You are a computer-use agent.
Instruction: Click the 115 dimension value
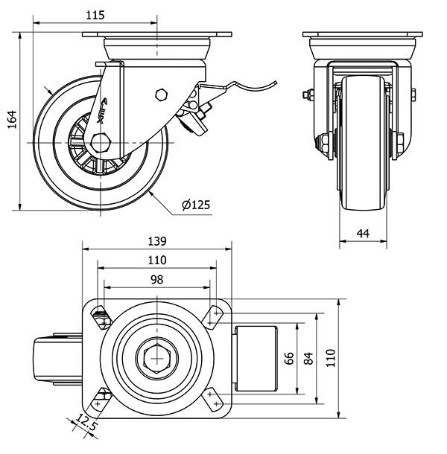tap(95, 15)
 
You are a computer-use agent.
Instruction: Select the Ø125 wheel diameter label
tap(195, 205)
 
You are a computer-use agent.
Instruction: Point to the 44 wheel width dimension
tap(363, 233)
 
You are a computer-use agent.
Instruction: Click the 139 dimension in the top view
tap(156, 241)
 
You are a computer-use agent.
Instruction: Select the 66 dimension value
tap(289, 359)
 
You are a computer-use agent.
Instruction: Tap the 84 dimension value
tap(308, 359)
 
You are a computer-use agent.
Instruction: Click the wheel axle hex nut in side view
tap(101, 141)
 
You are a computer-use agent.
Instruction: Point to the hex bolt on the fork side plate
tap(159, 95)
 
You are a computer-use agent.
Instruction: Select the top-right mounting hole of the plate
tap(216, 315)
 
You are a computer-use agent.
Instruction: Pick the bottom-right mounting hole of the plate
tap(216, 403)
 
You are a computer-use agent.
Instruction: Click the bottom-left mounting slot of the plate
tap(101, 399)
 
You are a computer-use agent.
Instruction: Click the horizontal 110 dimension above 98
tap(156, 260)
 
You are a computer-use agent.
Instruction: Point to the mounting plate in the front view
tap(361, 34)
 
